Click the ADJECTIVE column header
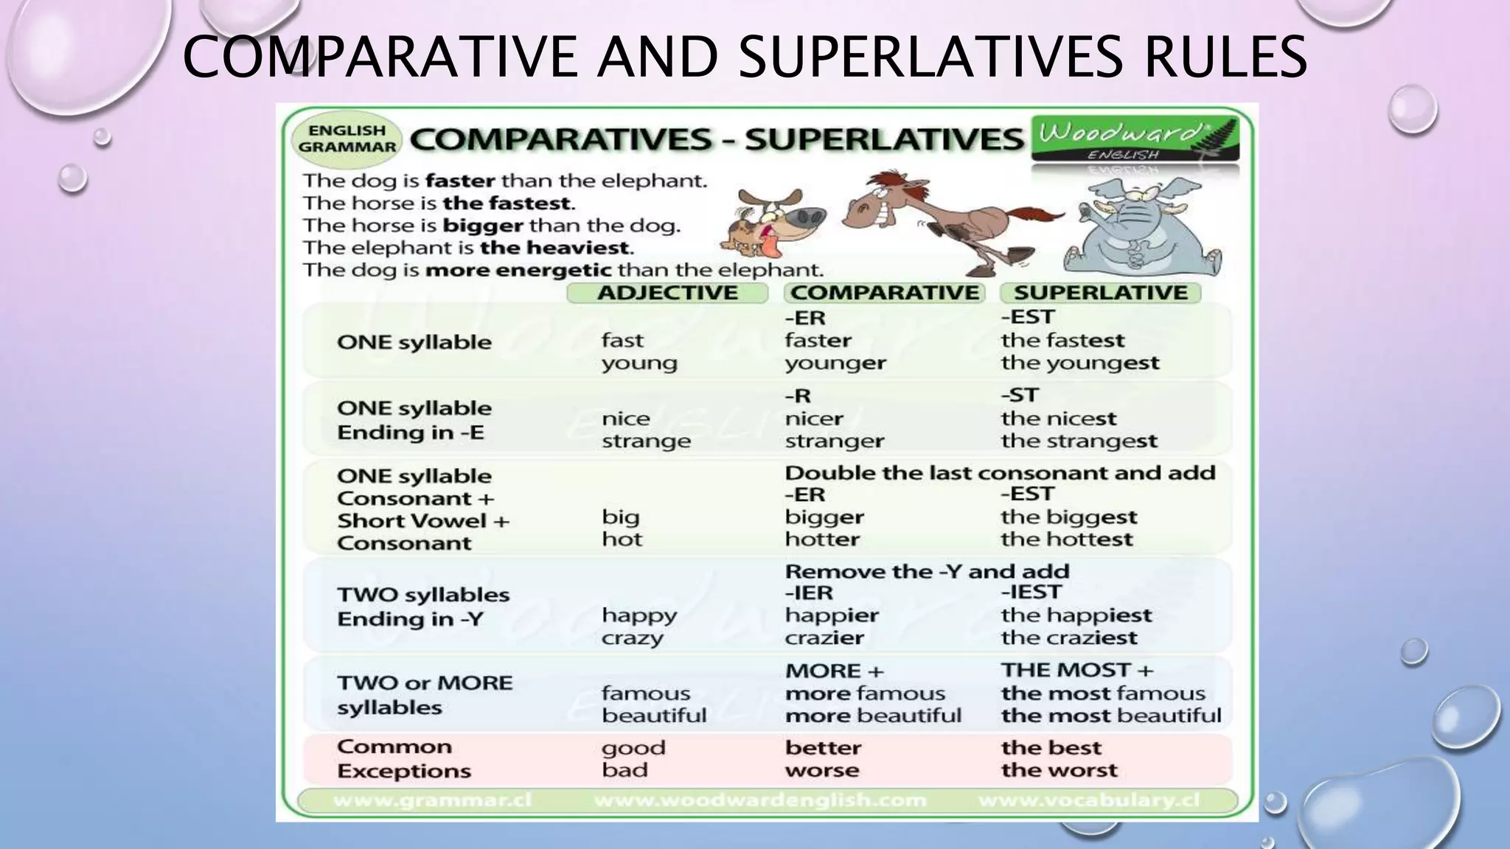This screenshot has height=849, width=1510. click(x=667, y=293)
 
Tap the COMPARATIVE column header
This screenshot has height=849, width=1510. click(x=884, y=293)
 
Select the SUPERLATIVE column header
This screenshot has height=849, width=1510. click(x=1100, y=293)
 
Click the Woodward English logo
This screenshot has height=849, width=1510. click(x=1135, y=139)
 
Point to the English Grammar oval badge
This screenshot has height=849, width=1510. click(x=347, y=139)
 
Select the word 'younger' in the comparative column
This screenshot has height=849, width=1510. click(x=835, y=363)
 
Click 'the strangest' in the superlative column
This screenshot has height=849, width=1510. click(x=1079, y=441)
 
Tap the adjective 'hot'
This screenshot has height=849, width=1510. click(x=622, y=539)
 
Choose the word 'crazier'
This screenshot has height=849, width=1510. click(x=824, y=637)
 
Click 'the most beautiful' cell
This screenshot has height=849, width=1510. click(x=1110, y=716)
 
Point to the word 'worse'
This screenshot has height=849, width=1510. click(x=821, y=770)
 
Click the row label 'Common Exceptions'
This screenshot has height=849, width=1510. click(x=403, y=758)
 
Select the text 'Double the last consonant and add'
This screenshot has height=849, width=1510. click(x=999, y=472)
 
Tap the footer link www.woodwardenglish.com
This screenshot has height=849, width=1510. click(x=759, y=800)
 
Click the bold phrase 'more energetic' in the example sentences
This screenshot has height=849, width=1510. click(x=519, y=270)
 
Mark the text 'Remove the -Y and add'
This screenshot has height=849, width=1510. click(x=926, y=571)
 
